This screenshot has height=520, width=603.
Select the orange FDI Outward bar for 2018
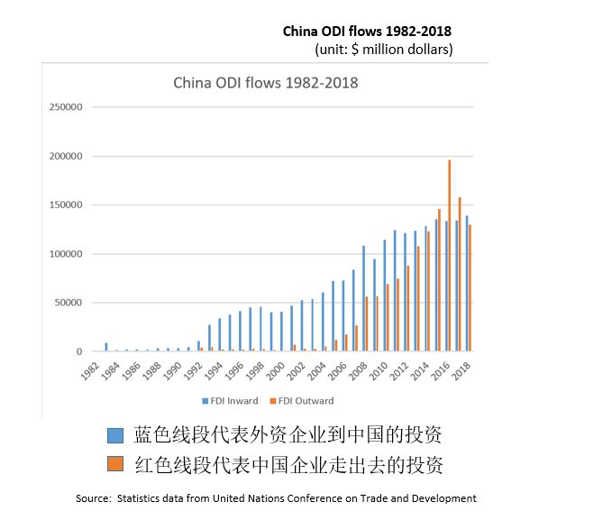[471, 288]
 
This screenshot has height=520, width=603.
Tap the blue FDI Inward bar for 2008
[363, 298]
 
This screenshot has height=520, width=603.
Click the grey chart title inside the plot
[266, 83]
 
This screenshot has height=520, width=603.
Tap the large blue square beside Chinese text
[114, 436]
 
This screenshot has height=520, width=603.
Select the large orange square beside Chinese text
[114, 464]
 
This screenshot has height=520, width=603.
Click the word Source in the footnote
[93, 498]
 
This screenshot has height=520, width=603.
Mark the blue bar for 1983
[106, 347]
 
